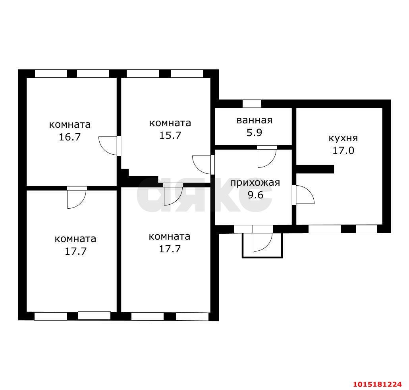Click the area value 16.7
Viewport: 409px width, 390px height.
point(69,137)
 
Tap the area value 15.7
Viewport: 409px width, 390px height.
point(170,135)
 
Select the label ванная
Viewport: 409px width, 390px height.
point(254,120)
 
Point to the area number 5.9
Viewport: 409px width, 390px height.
point(254,133)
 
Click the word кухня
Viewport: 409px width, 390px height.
point(343,138)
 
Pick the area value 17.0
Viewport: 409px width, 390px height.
point(343,150)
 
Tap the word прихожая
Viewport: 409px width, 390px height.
point(255,183)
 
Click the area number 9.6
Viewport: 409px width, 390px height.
point(255,195)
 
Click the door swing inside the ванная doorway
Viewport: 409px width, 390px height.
point(267,157)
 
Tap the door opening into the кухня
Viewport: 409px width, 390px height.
point(303,194)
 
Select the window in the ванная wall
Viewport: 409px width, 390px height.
point(252,104)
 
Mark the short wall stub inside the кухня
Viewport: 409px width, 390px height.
point(315,169)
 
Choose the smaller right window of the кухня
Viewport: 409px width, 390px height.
point(366,229)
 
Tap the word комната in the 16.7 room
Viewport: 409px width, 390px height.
point(70,124)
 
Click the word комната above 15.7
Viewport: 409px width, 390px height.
point(170,123)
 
